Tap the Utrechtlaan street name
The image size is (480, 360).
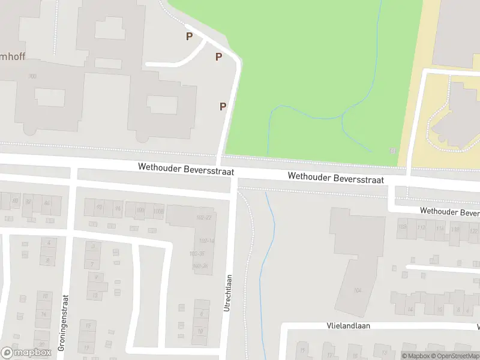(x=228, y=292)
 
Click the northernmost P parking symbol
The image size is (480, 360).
(x=190, y=37)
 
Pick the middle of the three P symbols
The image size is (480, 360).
(x=219, y=57)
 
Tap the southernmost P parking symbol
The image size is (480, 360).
(x=223, y=106)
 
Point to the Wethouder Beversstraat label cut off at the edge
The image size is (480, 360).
(x=449, y=212)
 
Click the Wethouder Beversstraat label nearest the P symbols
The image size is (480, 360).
(x=186, y=170)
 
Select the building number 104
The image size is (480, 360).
(x=358, y=290)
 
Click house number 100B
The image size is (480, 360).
(x=158, y=210)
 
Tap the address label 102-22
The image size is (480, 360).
(x=205, y=217)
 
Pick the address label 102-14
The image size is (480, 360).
(x=206, y=241)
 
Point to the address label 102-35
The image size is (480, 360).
(x=197, y=254)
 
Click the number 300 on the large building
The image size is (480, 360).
(x=32, y=76)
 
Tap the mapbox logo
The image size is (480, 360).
(x=26, y=353)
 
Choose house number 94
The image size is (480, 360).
(x=118, y=208)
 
